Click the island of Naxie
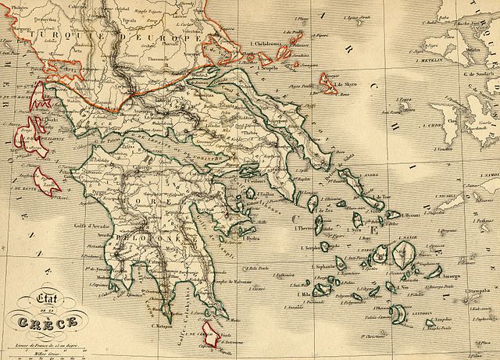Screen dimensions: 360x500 pos(405,255)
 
